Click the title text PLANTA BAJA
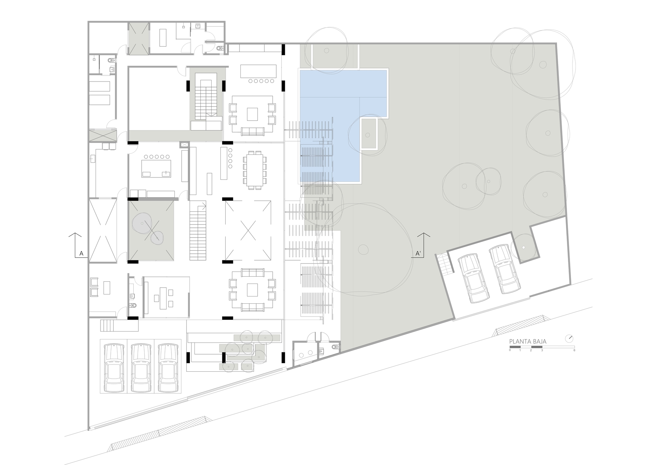point(528,341)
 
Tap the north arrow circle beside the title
point(569,338)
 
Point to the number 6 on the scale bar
point(574,350)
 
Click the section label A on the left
point(81,253)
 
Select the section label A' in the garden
point(418,253)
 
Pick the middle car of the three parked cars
point(141,368)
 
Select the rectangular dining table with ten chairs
point(255,170)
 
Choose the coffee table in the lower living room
point(253,290)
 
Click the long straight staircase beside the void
point(198,231)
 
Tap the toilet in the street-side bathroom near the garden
point(335,346)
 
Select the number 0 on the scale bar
point(510,350)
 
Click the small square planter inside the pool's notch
point(369,134)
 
